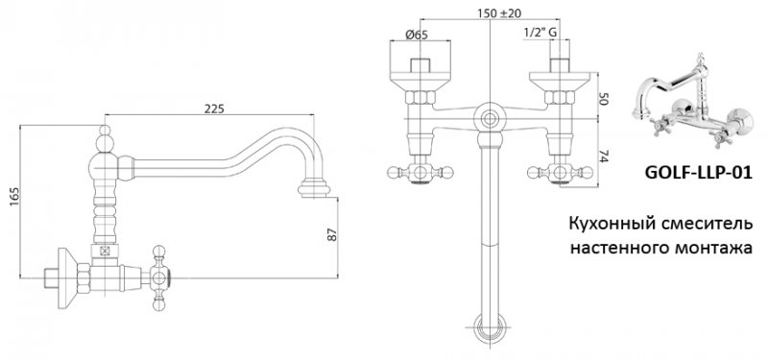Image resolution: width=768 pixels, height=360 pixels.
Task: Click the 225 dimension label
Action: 214,108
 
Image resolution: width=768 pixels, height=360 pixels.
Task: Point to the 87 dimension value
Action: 332,234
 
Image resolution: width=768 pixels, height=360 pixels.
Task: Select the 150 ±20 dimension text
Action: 498,13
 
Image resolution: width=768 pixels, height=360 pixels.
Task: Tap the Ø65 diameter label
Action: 417,35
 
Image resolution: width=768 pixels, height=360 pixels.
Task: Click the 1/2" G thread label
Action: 540,33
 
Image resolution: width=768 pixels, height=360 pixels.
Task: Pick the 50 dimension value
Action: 603,100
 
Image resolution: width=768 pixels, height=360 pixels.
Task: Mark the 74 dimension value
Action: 603,156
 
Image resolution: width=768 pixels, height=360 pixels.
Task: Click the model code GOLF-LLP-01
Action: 698,173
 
